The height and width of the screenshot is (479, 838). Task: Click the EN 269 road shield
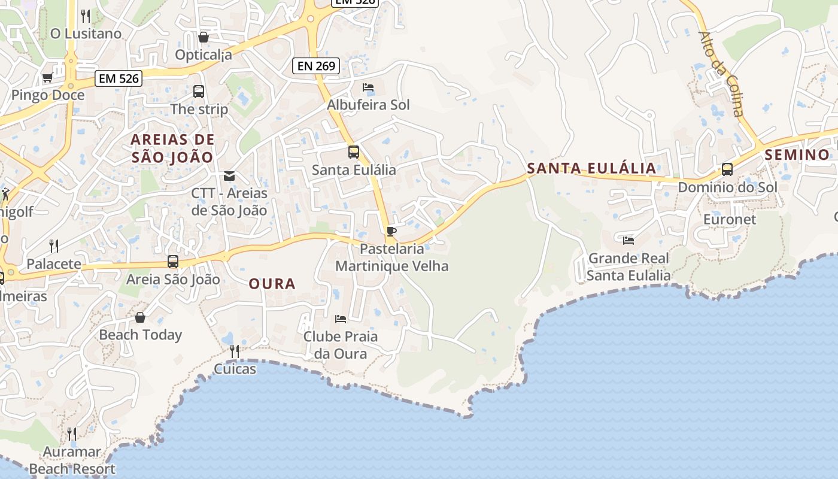[316, 66]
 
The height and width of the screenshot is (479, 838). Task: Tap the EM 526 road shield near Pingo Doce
[118, 78]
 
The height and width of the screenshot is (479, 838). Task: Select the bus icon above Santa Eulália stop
[354, 152]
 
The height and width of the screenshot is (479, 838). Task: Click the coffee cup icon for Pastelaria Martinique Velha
[391, 231]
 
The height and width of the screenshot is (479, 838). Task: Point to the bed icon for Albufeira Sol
[368, 87]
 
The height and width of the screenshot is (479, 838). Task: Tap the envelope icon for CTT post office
[229, 176]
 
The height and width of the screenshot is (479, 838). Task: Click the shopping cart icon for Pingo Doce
[47, 77]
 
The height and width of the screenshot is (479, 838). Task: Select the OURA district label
[272, 284]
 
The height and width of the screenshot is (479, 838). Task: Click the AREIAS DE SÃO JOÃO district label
[172, 148]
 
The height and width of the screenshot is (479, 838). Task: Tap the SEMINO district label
[797, 155]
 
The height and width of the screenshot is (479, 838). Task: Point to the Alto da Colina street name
[721, 74]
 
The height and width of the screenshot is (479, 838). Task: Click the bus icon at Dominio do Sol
[727, 169]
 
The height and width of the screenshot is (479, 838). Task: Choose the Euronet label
[730, 219]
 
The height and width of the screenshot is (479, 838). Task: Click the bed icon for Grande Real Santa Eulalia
[628, 241]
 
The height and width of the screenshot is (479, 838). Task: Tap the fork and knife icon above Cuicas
[235, 351]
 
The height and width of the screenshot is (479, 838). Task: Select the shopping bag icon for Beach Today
[140, 317]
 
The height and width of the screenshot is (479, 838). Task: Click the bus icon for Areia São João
[173, 262]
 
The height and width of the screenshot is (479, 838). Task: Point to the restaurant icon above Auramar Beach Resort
[71, 433]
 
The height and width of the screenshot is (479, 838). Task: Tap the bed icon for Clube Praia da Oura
[341, 319]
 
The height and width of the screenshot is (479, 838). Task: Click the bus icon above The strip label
[199, 92]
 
